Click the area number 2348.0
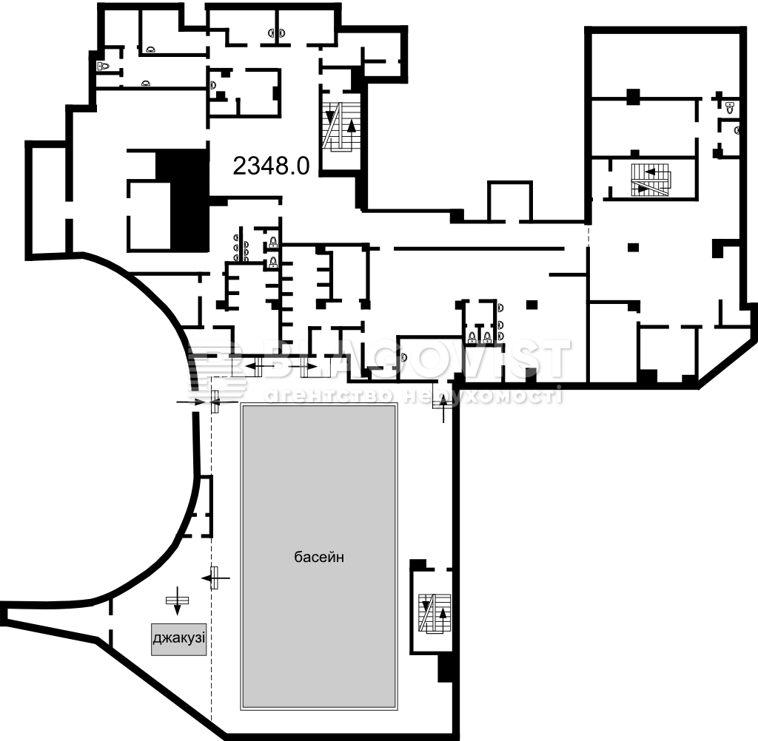[x=271, y=166]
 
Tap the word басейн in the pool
[x=319, y=557]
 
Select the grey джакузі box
[x=179, y=639]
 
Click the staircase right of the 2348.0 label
[x=341, y=126]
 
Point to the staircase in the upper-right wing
[x=650, y=180]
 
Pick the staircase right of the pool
[x=435, y=613]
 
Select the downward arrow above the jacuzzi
[x=177, y=601]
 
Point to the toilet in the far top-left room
[x=103, y=66]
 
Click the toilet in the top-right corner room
[x=730, y=107]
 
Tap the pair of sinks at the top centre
[x=278, y=33]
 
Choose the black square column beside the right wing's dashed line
[x=634, y=247]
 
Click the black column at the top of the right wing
[x=634, y=97]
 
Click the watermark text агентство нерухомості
[x=414, y=396]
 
